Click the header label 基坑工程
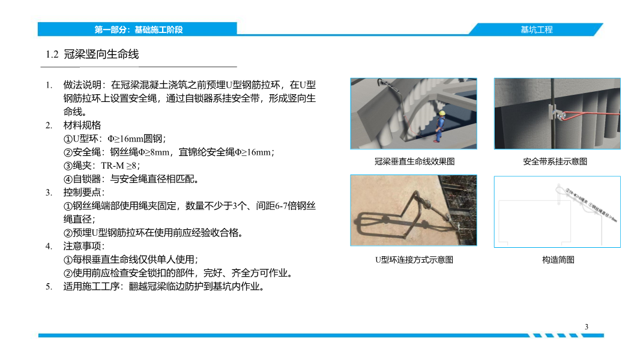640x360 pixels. click(x=536, y=29)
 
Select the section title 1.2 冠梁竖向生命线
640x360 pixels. click(x=92, y=55)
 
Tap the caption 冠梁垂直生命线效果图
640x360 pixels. click(x=414, y=161)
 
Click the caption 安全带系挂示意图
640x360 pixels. click(x=555, y=161)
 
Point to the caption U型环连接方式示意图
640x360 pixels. click(x=414, y=260)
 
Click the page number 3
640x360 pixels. click(x=586, y=326)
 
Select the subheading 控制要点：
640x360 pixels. click(x=84, y=193)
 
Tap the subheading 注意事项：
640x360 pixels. click(x=84, y=247)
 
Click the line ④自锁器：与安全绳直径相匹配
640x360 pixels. click(x=131, y=179)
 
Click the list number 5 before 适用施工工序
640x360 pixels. click(x=49, y=287)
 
